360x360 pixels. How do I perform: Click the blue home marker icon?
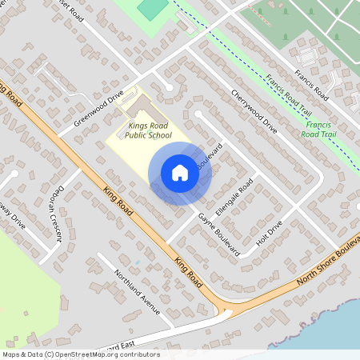pyautogui.click(x=180, y=173)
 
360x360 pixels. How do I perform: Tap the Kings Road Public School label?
pyautogui.click(x=144, y=130)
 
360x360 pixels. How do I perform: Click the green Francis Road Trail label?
pyautogui.click(x=323, y=130)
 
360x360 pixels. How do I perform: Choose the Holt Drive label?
pyautogui.click(x=270, y=234)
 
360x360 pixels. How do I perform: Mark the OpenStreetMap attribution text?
pyautogui.click(x=81, y=354)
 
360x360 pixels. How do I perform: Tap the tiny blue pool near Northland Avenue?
pyautogui.click(x=137, y=262)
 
